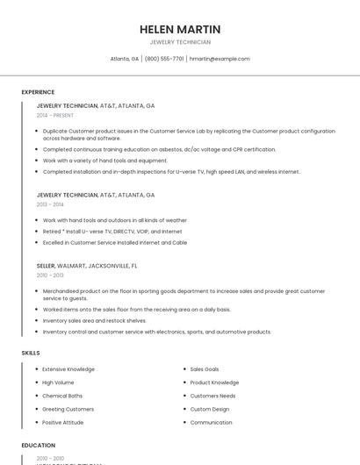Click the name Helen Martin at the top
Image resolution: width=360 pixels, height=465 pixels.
click(180, 29)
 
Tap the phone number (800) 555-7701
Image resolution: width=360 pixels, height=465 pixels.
click(164, 59)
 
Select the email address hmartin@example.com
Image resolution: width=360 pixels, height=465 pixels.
click(220, 59)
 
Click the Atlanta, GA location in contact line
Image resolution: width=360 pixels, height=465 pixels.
click(125, 59)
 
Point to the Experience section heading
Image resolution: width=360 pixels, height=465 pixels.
click(38, 92)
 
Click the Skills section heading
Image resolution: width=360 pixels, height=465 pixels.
click(31, 353)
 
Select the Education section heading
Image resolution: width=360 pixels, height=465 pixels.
click(39, 446)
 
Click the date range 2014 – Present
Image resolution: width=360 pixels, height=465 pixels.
click(55, 115)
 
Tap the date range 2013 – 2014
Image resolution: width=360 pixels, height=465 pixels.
click(51, 204)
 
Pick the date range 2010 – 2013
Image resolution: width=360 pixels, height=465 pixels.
click(51, 275)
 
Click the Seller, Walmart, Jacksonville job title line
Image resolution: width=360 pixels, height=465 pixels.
click(87, 265)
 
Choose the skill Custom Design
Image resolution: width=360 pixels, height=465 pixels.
click(210, 409)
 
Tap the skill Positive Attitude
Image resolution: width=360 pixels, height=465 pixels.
click(63, 422)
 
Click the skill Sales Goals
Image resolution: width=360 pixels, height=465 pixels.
click(205, 369)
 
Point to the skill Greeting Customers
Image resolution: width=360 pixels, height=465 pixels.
click(68, 409)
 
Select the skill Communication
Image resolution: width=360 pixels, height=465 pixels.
click(212, 422)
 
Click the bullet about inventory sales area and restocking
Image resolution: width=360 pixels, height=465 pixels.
click(95, 320)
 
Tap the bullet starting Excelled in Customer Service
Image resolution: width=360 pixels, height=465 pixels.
click(115, 242)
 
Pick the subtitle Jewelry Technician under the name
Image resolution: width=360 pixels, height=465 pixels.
click(180, 42)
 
